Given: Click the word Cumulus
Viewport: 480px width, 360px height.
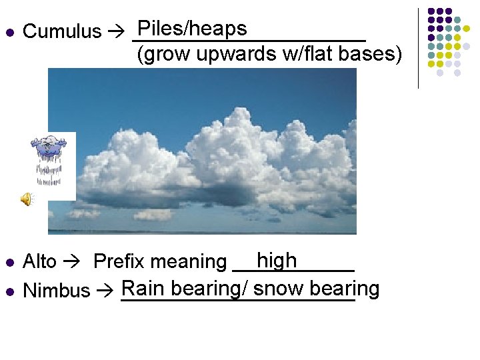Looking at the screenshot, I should tap(61, 31).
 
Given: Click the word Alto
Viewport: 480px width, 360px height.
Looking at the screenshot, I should tap(40, 262).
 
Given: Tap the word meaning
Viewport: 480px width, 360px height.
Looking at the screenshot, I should tap(191, 262).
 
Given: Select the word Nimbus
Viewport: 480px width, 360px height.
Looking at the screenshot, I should tap(56, 291).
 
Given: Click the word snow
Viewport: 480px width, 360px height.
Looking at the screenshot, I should tap(278, 289).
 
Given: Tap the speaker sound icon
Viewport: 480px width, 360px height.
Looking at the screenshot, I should tap(27, 199).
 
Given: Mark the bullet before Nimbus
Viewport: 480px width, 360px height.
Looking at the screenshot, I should tap(9, 291).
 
